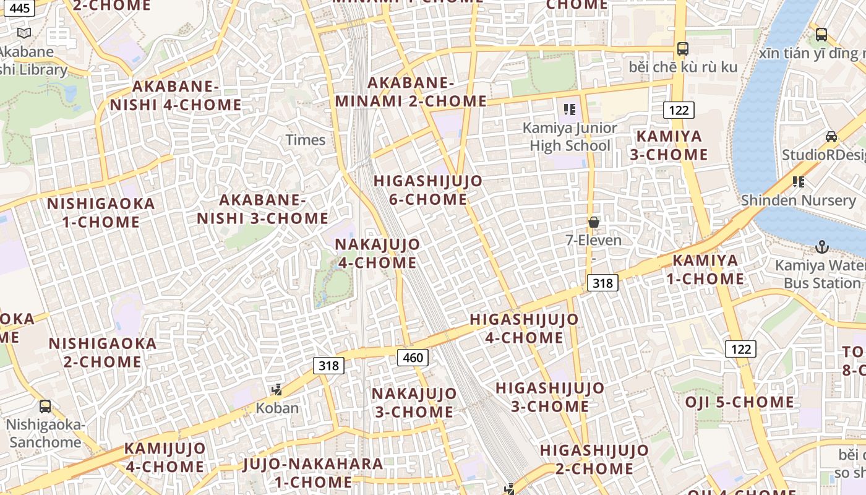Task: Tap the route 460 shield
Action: point(413,357)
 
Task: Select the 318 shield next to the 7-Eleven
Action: point(602,283)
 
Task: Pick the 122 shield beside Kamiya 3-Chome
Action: point(679,110)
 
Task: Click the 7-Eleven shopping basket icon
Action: point(594,222)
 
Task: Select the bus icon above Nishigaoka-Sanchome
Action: point(45,407)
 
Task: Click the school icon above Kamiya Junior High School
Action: point(570,110)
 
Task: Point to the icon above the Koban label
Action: point(277,390)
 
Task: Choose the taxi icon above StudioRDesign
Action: point(831,137)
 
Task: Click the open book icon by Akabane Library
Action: point(24,33)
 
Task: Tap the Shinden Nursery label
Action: point(798,200)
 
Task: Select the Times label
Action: point(306,140)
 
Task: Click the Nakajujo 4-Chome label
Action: point(377,253)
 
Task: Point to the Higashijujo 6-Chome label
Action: point(428,190)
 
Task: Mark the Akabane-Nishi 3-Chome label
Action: point(263,209)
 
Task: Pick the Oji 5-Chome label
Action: point(739,402)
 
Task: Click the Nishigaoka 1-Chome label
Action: point(101,212)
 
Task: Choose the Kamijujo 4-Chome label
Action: point(165,457)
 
